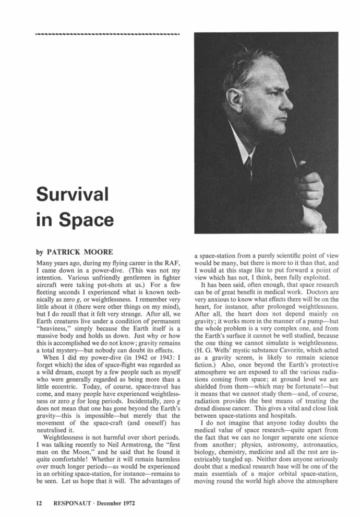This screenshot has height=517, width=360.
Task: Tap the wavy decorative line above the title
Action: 107,35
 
